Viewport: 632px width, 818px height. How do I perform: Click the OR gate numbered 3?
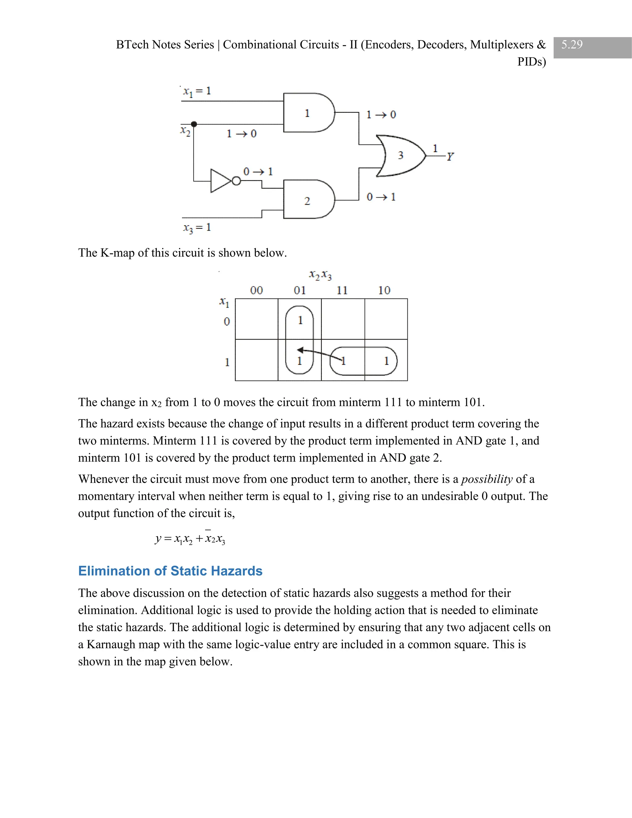click(400, 156)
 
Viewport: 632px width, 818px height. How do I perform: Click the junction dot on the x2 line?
click(194, 124)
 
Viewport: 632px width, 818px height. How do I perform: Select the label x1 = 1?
click(197, 91)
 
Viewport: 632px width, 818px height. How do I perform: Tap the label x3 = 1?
click(197, 227)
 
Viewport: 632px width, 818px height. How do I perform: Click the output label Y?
click(450, 157)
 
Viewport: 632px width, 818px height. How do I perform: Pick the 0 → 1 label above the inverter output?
click(258, 172)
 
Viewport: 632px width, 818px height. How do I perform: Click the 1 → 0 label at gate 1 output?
click(381, 115)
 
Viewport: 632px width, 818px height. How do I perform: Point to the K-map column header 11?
click(342, 290)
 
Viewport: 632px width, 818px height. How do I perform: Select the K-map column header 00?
click(256, 290)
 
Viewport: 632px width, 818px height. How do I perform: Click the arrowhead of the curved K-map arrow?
click(300, 350)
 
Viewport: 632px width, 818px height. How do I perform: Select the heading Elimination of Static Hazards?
click(170, 571)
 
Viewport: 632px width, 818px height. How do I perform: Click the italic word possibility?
click(486, 479)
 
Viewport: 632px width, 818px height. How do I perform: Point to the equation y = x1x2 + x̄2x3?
click(190, 539)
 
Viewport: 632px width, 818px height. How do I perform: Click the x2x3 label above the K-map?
click(320, 276)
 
